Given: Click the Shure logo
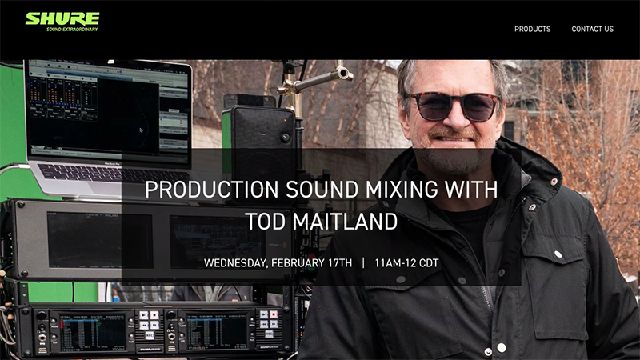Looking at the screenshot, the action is click(62, 22).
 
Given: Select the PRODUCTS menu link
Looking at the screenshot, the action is click(532, 29).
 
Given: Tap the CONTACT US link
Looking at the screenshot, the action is click(592, 29).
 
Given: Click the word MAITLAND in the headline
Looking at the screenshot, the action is click(345, 222).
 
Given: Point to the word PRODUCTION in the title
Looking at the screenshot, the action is click(211, 190).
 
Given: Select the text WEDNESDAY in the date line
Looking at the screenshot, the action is click(234, 263).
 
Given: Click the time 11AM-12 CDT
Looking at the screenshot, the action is click(406, 263).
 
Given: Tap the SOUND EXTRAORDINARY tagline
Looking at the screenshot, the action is click(72, 30).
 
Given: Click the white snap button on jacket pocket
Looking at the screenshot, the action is click(558, 254).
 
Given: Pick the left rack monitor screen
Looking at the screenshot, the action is click(99, 240).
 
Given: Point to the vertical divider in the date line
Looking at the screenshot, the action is click(363, 263).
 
